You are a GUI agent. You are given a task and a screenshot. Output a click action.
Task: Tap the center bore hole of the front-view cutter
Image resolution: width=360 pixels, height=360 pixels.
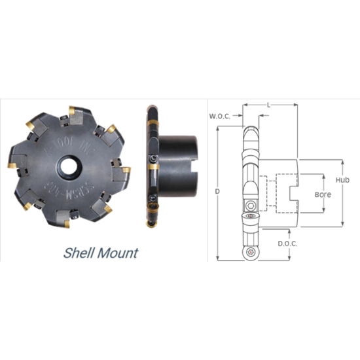[x=68, y=166]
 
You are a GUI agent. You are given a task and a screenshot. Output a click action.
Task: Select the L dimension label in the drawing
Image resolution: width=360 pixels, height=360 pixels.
[x=270, y=105]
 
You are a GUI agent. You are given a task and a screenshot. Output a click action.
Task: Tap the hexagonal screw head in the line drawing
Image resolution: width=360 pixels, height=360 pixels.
[x=251, y=205]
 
